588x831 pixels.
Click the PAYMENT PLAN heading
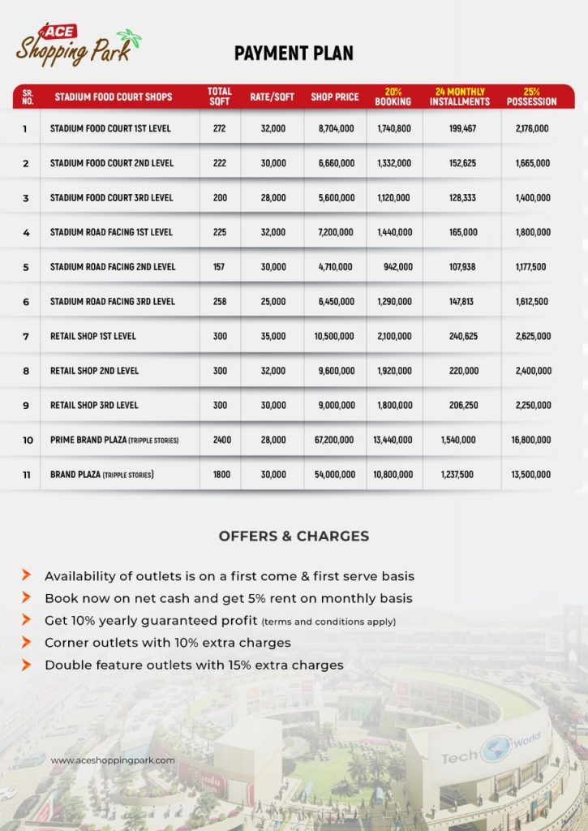[x=294, y=54]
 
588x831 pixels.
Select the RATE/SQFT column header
[x=272, y=97]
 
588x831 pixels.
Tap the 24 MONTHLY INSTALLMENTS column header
[x=460, y=97]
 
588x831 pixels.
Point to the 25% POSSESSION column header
[x=531, y=97]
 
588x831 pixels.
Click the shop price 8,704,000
[x=334, y=129]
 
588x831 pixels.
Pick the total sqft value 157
[x=220, y=267]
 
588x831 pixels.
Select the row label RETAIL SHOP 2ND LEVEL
[x=94, y=371]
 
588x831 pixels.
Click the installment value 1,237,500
[x=457, y=475]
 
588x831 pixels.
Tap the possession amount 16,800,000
[x=531, y=440]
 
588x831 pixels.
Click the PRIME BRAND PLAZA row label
[x=114, y=440]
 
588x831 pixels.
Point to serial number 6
[x=26, y=302]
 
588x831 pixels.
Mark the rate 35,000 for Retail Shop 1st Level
[x=273, y=336]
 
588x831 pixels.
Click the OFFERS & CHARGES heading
[x=294, y=536]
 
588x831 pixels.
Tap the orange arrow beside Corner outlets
[x=27, y=642]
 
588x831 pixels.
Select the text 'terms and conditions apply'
[x=328, y=622]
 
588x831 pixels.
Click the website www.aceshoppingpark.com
[x=113, y=760]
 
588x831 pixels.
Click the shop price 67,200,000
[x=334, y=440]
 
